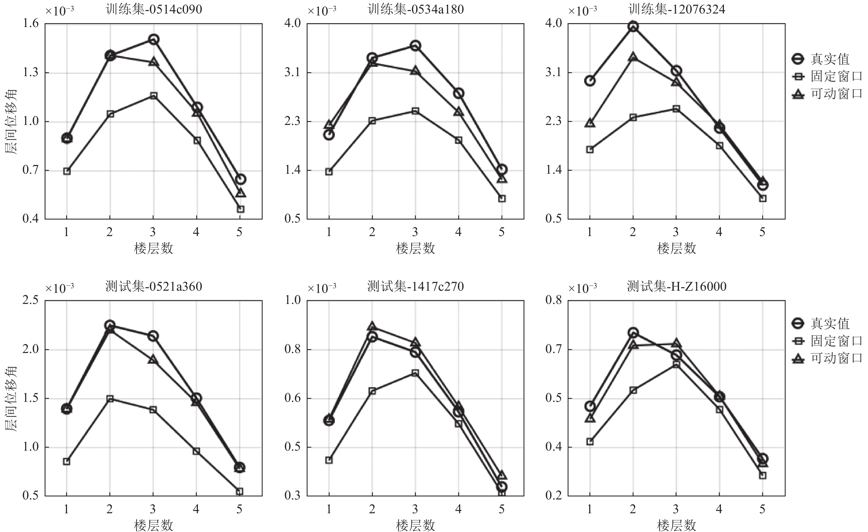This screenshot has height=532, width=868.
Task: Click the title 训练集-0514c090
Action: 154,10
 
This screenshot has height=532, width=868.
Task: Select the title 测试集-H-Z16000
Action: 676,286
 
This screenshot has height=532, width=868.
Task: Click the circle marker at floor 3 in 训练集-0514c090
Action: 153,39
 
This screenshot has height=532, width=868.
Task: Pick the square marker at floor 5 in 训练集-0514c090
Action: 241,209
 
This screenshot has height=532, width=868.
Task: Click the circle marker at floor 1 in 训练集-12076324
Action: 590,81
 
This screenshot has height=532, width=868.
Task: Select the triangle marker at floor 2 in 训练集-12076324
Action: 633,57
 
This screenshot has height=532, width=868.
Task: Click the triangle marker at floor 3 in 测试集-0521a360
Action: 153,360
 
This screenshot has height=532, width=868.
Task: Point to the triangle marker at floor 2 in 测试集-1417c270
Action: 372,326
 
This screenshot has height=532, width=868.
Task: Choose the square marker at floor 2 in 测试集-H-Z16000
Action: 633,390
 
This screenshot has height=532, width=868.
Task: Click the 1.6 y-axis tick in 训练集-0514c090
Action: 31,24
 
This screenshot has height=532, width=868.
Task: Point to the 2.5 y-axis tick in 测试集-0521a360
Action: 31,300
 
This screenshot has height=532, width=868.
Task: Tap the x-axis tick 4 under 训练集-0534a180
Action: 458,232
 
